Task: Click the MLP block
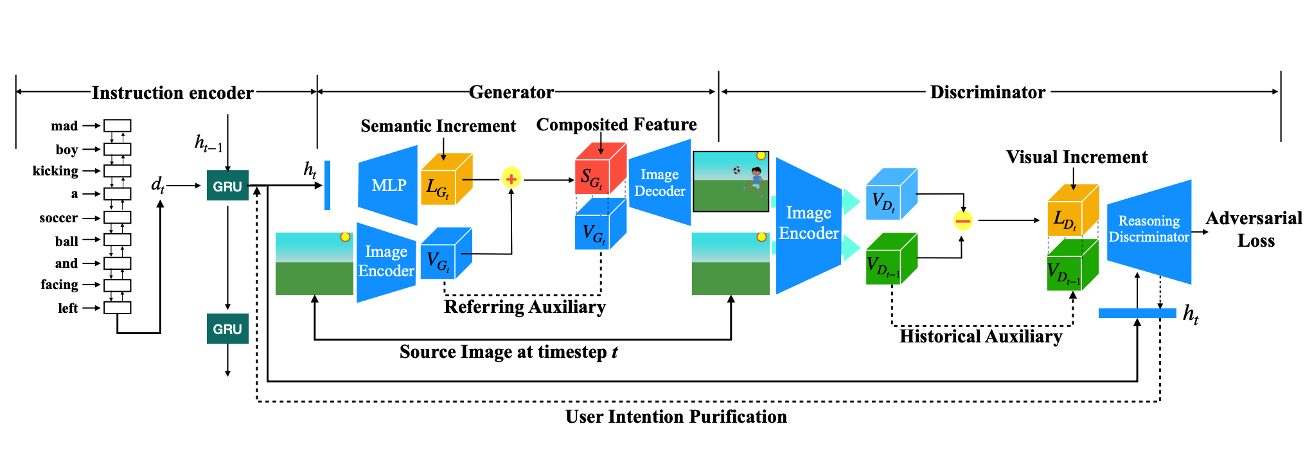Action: (388, 185)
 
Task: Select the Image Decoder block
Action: (659, 183)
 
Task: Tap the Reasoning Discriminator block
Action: (1149, 230)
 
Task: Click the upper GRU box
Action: (227, 186)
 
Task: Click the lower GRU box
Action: (227, 328)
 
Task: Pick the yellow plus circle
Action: (511, 179)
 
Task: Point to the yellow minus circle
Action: (962, 221)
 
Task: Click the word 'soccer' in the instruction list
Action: (58, 218)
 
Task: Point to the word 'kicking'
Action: (55, 171)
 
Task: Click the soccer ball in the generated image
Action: (736, 170)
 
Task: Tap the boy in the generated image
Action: (756, 181)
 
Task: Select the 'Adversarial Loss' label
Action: (1254, 229)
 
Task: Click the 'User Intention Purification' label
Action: (676, 417)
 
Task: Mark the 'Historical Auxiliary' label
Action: (980, 337)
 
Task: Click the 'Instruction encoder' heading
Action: (172, 93)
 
